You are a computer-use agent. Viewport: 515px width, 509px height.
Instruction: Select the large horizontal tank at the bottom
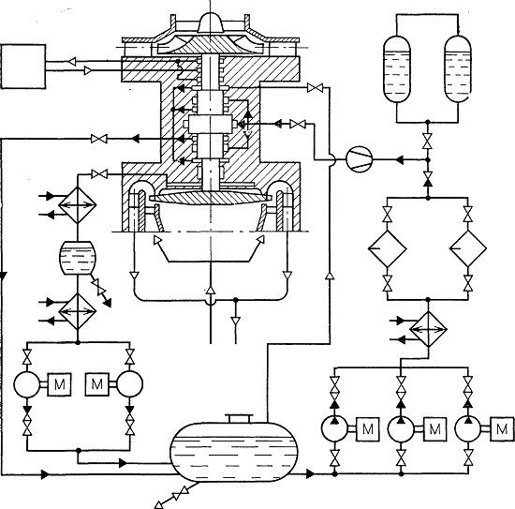pyautogui.click(x=234, y=452)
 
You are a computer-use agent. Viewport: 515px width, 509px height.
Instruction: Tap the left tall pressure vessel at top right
pyautogui.click(x=397, y=69)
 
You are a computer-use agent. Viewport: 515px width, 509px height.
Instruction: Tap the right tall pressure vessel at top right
pyautogui.click(x=458, y=69)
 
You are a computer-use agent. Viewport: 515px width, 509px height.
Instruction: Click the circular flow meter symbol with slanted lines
pyautogui.click(x=360, y=159)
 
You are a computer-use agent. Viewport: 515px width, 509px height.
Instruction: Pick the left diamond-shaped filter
pyautogui.click(x=388, y=248)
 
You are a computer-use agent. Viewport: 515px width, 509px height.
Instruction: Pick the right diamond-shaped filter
pyautogui.click(x=468, y=248)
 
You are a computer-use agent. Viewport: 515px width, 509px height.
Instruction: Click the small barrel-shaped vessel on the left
pyautogui.click(x=78, y=258)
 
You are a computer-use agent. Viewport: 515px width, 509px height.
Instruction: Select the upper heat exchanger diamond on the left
pyautogui.click(x=78, y=205)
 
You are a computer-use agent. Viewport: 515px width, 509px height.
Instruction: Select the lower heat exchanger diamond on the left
pyautogui.click(x=78, y=311)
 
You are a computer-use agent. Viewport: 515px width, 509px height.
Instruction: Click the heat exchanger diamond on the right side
pyautogui.click(x=428, y=329)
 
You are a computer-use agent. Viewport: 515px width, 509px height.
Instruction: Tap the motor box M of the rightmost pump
pyautogui.click(x=502, y=428)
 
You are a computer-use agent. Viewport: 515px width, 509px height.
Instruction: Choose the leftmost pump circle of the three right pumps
pyautogui.click(x=334, y=428)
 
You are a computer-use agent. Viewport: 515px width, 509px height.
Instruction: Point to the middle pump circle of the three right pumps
pyautogui.click(x=401, y=428)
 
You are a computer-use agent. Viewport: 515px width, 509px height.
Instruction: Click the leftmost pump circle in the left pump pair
pyautogui.click(x=27, y=384)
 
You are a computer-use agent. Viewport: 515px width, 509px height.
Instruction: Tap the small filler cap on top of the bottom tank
pyautogui.click(x=240, y=418)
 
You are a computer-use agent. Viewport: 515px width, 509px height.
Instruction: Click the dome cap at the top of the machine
pyautogui.click(x=211, y=22)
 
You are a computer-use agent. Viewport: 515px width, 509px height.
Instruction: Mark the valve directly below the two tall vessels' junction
pyautogui.click(x=428, y=141)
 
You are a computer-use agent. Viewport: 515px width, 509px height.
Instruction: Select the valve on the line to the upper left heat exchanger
pyautogui.click(x=99, y=173)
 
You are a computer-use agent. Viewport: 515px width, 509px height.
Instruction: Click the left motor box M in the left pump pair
pyautogui.click(x=59, y=384)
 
